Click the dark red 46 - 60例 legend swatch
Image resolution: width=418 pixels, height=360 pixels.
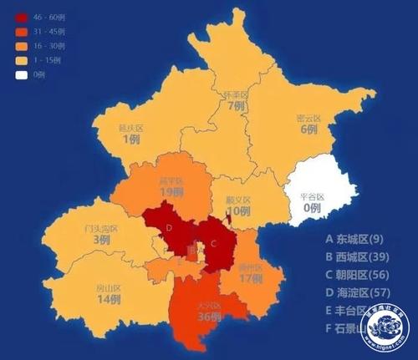pos(16,15)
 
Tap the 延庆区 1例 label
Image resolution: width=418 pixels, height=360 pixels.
pos(130,134)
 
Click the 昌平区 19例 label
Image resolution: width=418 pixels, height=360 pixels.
pos(171,185)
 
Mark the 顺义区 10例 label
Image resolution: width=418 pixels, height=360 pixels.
pos(240,205)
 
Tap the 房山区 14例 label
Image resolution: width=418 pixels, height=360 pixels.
pos(109,292)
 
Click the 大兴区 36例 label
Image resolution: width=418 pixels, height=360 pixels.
pos(209,312)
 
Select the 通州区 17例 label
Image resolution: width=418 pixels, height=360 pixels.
pos(249,274)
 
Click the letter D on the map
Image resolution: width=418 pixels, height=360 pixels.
pos(170,228)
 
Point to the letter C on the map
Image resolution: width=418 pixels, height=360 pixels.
pos(213,243)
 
